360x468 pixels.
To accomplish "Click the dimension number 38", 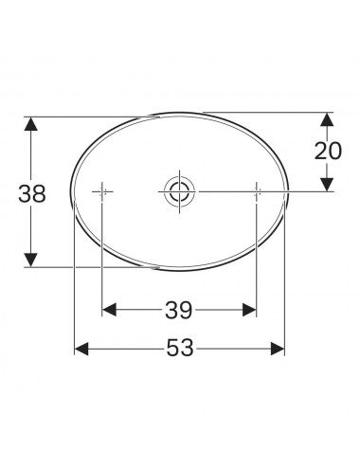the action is (x=32, y=194).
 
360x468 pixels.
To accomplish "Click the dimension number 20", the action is (x=328, y=151).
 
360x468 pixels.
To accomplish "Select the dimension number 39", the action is (x=178, y=310).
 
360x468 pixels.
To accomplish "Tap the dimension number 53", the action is (x=180, y=348).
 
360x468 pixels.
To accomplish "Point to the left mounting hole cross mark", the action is (x=101, y=191).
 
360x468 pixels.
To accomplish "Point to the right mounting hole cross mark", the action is (x=257, y=191).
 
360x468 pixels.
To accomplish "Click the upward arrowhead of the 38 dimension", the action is (x=31, y=124).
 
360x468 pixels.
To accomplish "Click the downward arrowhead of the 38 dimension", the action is (x=31, y=260).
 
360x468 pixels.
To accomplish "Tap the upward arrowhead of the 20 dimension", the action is (x=327, y=119).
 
